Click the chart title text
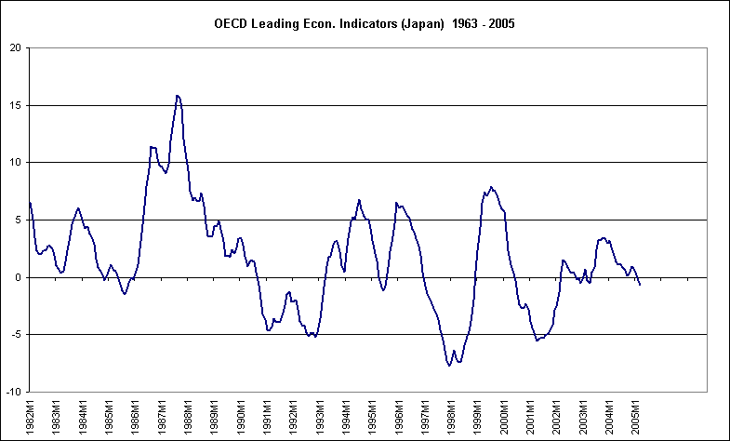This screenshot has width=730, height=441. [x=365, y=23]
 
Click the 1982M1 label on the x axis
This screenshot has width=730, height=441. [x=30, y=414]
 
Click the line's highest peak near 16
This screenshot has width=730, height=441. [x=177, y=95]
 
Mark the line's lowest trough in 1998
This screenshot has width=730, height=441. [x=448, y=366]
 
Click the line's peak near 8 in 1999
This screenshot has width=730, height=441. [x=491, y=187]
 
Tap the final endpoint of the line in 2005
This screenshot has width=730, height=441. [x=640, y=285]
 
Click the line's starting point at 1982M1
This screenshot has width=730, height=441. [x=30, y=202]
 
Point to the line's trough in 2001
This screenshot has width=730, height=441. [x=537, y=341]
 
